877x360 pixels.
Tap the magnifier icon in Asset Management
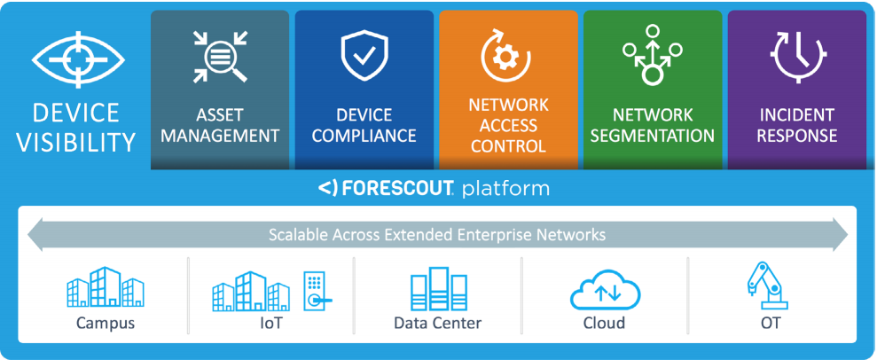tap(219, 57)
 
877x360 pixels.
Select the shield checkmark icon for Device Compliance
tap(364, 55)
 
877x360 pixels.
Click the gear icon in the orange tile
tap(508, 56)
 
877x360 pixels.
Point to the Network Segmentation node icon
tap(652, 55)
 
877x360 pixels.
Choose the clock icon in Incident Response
tap(796, 55)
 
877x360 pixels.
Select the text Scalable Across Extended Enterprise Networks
tap(437, 235)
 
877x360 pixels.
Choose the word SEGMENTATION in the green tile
tap(652, 136)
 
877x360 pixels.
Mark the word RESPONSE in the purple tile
tap(796, 136)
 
